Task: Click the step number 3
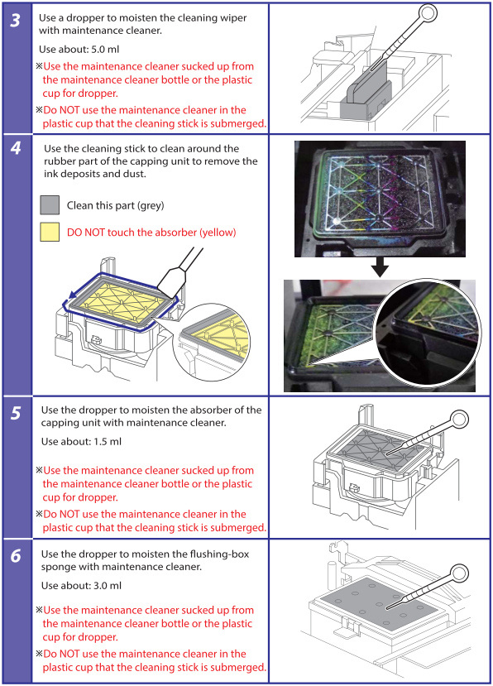coord(16,20)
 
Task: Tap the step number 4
coord(16,148)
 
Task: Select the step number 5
coord(16,413)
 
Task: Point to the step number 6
coord(16,555)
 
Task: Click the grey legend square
coord(50,205)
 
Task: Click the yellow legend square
coord(50,232)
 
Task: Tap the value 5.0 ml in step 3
coord(105,50)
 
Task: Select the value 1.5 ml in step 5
coord(108,442)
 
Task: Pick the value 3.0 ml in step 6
coord(108,586)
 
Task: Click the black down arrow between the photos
coord(380,267)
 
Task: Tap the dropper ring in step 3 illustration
coord(428,13)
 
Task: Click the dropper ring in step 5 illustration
coord(459,420)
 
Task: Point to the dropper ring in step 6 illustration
coord(459,573)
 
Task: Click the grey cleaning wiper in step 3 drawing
coord(366,94)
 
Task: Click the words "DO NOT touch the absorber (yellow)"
coord(151,233)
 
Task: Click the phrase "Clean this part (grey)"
coord(116,205)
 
